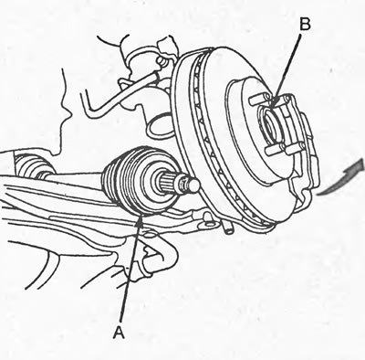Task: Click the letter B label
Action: (x=305, y=25)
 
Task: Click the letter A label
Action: (x=119, y=332)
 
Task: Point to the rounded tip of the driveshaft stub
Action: (x=194, y=185)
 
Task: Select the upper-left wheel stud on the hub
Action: (x=257, y=99)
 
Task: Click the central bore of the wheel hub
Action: (x=271, y=126)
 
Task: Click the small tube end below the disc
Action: (x=229, y=228)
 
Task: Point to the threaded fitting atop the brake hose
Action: (x=162, y=61)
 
